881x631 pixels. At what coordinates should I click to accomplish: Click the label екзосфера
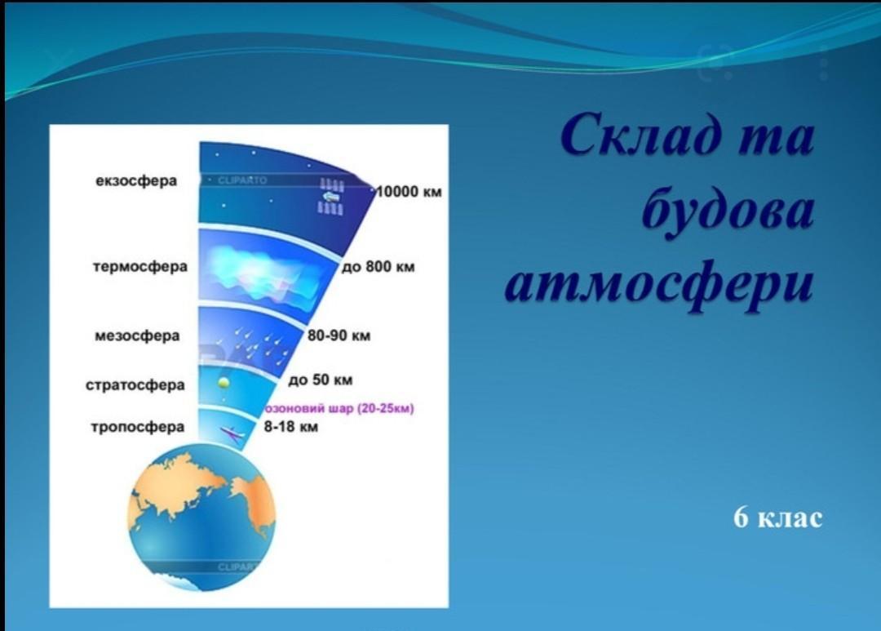(x=136, y=181)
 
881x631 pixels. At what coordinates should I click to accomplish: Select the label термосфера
(x=140, y=266)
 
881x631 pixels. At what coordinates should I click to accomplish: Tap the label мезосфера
(x=137, y=335)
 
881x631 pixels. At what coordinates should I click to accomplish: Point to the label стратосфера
(x=135, y=385)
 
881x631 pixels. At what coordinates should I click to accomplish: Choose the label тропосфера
(x=138, y=427)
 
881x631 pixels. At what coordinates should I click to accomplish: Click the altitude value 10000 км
(x=409, y=192)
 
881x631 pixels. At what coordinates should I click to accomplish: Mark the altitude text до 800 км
(x=379, y=267)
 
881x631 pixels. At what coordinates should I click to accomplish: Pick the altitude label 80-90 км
(x=339, y=335)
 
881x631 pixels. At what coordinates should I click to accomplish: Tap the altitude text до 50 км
(x=321, y=380)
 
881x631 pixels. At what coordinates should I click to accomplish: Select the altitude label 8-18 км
(x=291, y=427)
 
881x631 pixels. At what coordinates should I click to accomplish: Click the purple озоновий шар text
(x=339, y=408)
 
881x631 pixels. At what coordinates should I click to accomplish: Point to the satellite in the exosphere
(x=331, y=196)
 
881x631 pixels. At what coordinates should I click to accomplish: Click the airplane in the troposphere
(x=232, y=433)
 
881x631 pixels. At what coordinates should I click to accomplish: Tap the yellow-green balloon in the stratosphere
(x=224, y=382)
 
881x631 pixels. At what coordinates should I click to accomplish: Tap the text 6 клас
(x=777, y=518)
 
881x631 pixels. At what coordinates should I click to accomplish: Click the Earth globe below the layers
(x=201, y=518)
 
